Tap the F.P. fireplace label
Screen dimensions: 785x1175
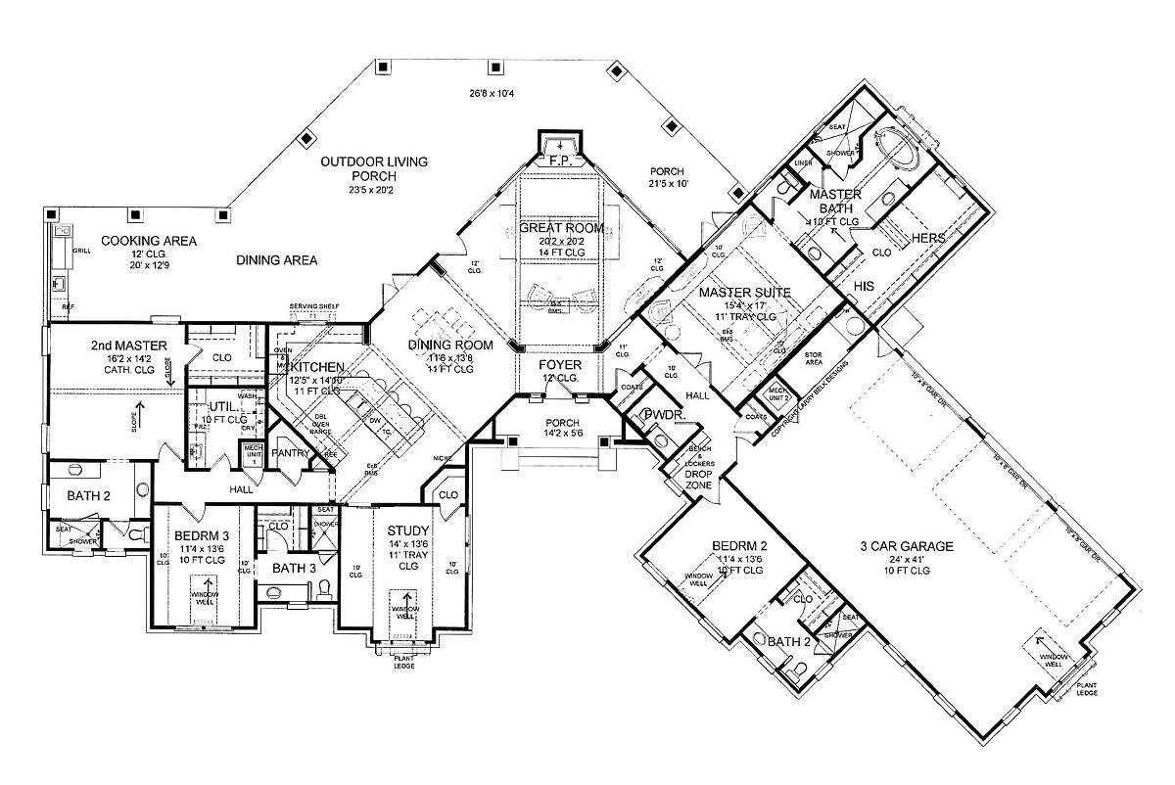point(560,159)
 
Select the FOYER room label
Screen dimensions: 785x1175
point(561,365)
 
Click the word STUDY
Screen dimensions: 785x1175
point(401,531)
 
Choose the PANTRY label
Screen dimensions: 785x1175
point(293,454)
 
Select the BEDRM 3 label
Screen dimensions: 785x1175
point(203,535)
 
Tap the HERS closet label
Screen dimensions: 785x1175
point(926,239)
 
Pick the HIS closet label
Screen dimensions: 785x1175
point(864,286)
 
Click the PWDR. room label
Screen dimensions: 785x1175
point(661,415)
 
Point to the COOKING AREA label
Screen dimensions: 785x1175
point(150,241)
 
